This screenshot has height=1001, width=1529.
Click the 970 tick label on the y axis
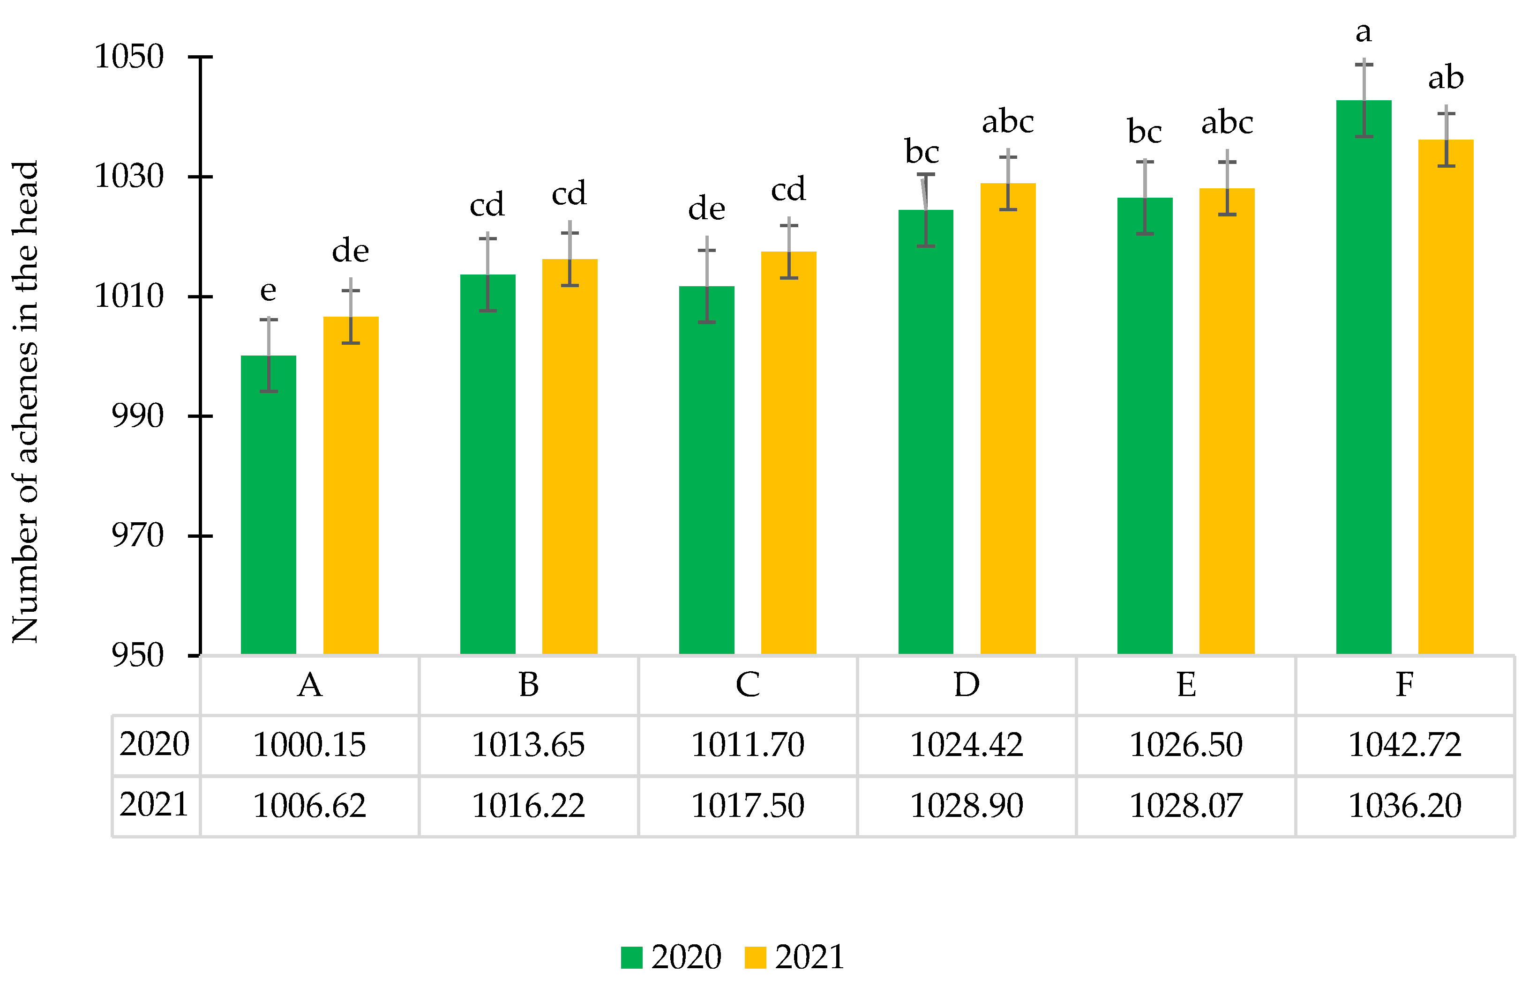(x=137, y=535)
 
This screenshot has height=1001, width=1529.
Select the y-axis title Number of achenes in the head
(x=26, y=402)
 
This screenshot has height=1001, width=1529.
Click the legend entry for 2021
(x=794, y=957)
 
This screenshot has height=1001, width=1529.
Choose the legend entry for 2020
(x=671, y=957)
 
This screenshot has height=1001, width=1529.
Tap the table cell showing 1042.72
(x=1404, y=745)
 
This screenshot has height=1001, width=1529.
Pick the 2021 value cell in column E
(x=1185, y=805)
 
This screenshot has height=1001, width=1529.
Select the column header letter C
(x=748, y=684)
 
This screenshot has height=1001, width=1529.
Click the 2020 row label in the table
(x=154, y=744)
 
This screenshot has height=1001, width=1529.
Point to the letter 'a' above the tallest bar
(x=1363, y=32)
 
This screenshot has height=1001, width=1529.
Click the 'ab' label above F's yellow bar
(x=1446, y=78)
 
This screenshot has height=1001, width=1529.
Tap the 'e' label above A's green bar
(x=268, y=291)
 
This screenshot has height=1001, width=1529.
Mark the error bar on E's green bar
(x=1145, y=197)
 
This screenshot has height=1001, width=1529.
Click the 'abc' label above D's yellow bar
(x=1007, y=122)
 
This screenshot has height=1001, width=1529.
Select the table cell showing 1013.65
(x=528, y=745)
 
